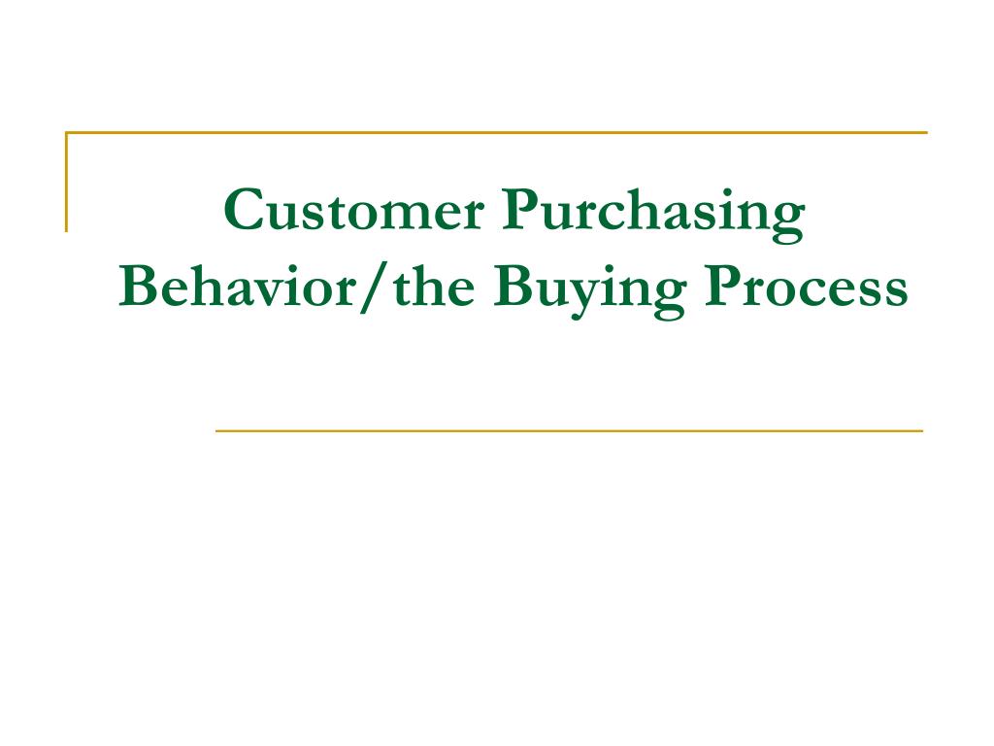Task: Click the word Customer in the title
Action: coord(354,210)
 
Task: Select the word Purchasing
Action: coord(653,215)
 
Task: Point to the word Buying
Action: coord(590,291)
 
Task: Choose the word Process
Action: coord(807,287)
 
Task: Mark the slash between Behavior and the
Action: coord(374,288)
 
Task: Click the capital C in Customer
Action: coord(244,210)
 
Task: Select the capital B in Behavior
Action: coord(140,286)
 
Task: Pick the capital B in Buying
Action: coord(514,286)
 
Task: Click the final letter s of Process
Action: coord(895,293)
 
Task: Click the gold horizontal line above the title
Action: coord(496,132)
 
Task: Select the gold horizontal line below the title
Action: coord(569,430)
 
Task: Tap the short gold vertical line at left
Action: coord(67,182)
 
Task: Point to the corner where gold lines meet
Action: coord(67,132)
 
